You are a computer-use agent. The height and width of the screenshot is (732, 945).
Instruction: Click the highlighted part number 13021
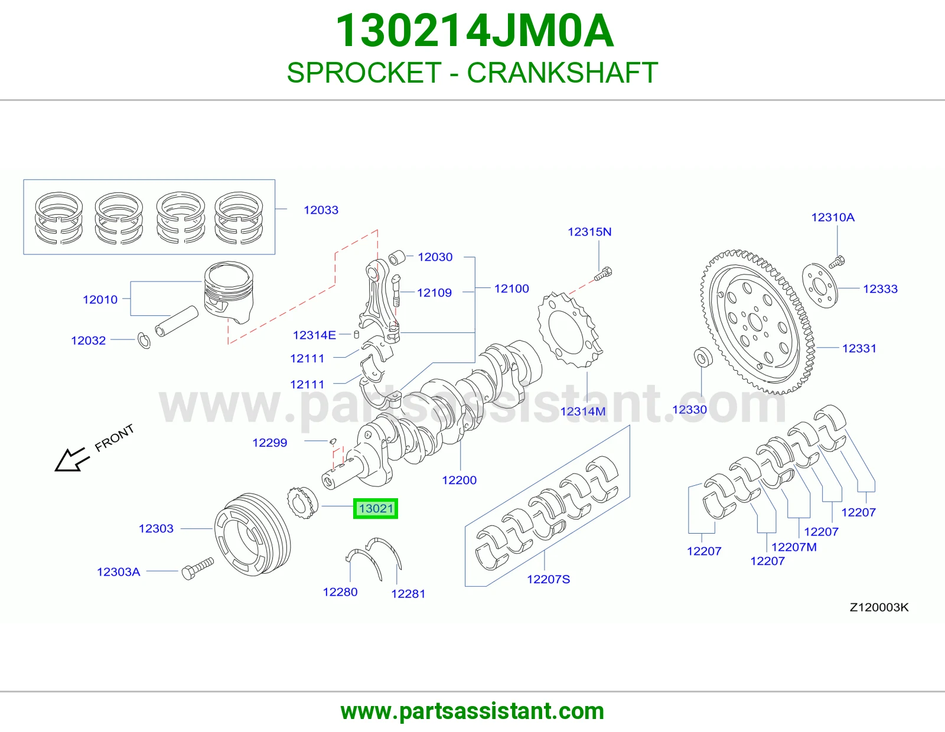tap(376, 508)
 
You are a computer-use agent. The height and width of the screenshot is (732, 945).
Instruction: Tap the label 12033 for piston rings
tap(321, 210)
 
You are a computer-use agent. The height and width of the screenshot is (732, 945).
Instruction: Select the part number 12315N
tap(589, 231)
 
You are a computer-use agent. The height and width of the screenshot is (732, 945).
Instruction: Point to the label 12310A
tap(833, 217)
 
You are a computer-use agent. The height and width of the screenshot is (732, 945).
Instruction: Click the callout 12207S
tap(548, 579)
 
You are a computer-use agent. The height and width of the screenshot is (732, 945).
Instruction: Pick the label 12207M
tap(794, 547)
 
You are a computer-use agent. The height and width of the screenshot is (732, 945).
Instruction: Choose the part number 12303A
tap(118, 571)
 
